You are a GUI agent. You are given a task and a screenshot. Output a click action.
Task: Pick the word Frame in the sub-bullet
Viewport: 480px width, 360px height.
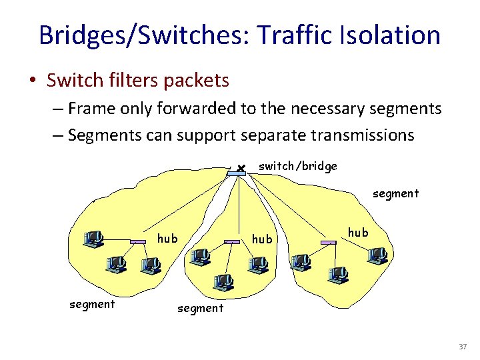[91, 108]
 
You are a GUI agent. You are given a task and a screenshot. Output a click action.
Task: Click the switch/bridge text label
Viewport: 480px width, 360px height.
[297, 165]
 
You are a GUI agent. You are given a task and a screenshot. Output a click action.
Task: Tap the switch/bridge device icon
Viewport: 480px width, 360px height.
[236, 173]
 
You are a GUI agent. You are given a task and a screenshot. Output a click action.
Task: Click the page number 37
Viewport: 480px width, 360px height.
[463, 347]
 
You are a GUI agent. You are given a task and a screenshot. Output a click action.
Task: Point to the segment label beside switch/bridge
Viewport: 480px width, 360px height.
[395, 193]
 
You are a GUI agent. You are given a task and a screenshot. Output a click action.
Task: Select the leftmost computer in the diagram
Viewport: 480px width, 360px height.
[93, 238]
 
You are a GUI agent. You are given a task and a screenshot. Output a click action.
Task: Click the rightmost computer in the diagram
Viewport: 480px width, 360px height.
[377, 254]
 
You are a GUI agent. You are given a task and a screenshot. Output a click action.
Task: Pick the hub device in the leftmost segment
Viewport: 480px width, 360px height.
[138, 242]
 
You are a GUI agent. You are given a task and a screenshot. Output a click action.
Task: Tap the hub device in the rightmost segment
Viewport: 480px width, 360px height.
[328, 243]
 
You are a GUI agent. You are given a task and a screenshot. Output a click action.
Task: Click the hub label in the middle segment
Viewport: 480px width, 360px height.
[262, 239]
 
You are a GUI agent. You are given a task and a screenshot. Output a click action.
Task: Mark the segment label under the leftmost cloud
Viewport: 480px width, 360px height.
[92, 304]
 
